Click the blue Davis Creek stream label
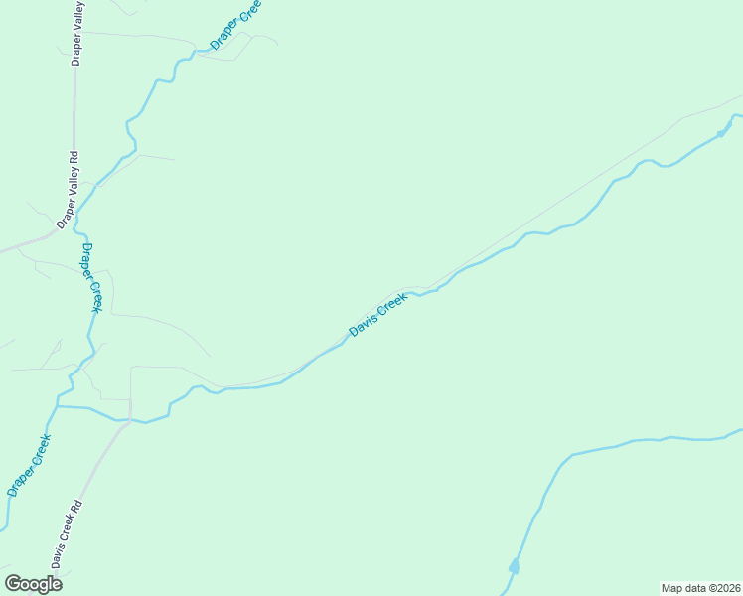pyautogui.click(x=378, y=314)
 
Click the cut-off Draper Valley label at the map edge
pyautogui.click(x=76, y=35)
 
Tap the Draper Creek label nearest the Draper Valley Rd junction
pyautogui.click(x=91, y=277)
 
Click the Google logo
pyautogui.click(x=33, y=584)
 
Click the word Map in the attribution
pyautogui.click(x=673, y=588)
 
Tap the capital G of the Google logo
pyautogui.click(x=14, y=584)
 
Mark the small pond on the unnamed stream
pyautogui.click(x=514, y=567)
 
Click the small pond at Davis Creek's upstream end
pyautogui.click(x=722, y=133)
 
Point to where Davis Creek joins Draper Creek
pyautogui.click(x=59, y=406)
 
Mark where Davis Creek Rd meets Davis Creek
pyautogui.click(x=130, y=419)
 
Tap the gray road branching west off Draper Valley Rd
pyautogui.click(x=25, y=244)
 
